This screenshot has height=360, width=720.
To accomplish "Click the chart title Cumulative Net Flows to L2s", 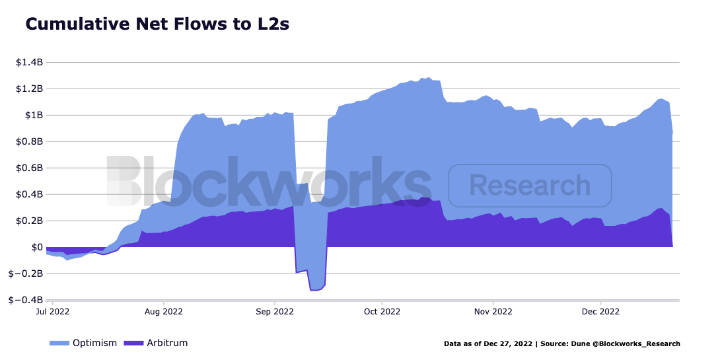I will tap(157, 24).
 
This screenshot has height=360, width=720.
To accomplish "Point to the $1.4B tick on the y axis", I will tap(30, 62).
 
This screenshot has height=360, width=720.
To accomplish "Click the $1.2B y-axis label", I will tap(30, 89).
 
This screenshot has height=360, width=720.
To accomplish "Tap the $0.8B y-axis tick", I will tap(30, 141).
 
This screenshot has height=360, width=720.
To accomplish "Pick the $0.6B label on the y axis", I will tap(30, 168).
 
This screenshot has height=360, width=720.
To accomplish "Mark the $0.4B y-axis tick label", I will tap(30, 194).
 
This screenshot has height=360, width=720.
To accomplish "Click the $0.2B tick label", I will tap(30, 221).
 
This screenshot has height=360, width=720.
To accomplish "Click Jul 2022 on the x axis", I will tap(52, 311).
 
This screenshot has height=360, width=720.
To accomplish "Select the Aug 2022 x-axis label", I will tap(163, 311).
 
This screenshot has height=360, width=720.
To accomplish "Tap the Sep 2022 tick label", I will tap(274, 311).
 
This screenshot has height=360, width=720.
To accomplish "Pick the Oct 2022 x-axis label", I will tap(382, 311).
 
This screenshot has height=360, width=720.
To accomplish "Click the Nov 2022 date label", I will tap(493, 311).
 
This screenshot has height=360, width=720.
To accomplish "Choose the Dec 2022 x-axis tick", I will tap(600, 311).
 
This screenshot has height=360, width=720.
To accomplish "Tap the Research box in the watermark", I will tap(530, 186).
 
